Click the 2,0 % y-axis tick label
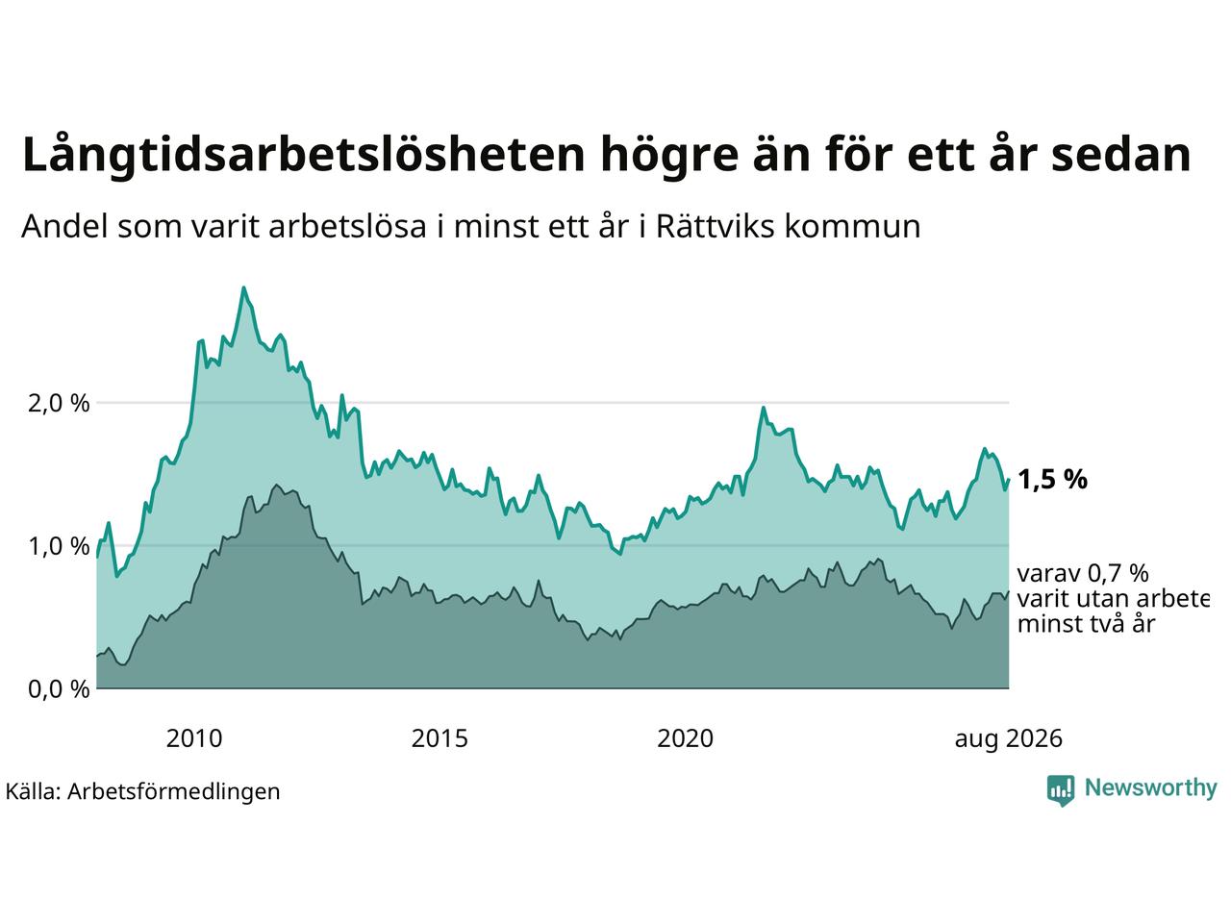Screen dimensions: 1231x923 pyautogui.click(x=59, y=404)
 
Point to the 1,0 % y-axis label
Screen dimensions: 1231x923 pyautogui.click(x=59, y=546)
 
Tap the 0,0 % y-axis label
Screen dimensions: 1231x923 pyautogui.click(x=59, y=689)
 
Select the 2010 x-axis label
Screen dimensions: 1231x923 pyautogui.click(x=194, y=738)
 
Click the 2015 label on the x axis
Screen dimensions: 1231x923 pyautogui.click(x=440, y=738)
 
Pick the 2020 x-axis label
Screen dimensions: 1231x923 pyautogui.click(x=686, y=738)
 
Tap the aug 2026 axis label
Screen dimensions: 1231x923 pyautogui.click(x=1008, y=739)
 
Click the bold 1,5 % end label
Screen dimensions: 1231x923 pyautogui.click(x=1053, y=480)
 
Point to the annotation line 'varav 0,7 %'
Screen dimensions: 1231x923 pyautogui.click(x=1083, y=573)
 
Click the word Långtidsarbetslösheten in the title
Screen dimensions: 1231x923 pyautogui.click(x=303, y=155)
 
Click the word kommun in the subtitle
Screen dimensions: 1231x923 pyautogui.click(x=852, y=226)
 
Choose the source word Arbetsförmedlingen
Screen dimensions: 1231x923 pyautogui.click(x=174, y=792)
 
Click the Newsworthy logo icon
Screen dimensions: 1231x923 pyautogui.click(x=1061, y=790)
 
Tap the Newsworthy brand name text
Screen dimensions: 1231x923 pyautogui.click(x=1151, y=788)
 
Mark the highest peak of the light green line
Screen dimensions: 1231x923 pyautogui.click(x=243, y=287)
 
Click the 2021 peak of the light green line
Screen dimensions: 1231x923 pyautogui.click(x=764, y=408)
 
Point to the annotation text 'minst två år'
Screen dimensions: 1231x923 pyautogui.click(x=1087, y=624)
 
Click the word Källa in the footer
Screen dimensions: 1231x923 pyautogui.click(x=33, y=791)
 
